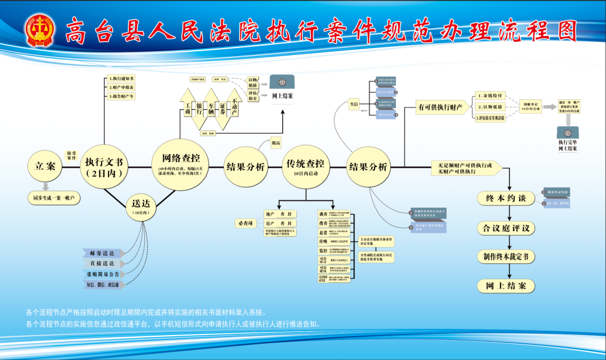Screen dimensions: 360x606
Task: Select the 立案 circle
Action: click(46, 167)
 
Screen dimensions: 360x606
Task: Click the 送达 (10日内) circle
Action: click(140, 207)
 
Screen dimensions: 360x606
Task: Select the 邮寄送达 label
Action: click(103, 253)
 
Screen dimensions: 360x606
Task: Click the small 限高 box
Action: click(276, 143)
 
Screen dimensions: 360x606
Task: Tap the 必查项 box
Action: click(245, 223)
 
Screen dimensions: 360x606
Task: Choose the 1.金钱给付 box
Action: click(492, 96)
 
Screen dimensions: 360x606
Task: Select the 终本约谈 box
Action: click(506, 198)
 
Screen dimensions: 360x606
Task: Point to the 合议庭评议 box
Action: click(506, 228)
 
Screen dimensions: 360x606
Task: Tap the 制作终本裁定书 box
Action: click(506, 256)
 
